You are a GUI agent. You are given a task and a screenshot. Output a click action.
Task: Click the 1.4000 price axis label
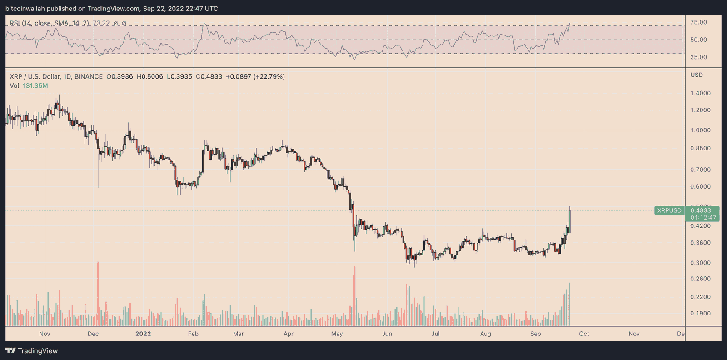coord(700,93)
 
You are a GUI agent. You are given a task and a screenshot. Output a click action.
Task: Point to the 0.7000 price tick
coord(700,170)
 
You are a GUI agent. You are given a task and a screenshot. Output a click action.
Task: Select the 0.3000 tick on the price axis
coord(700,263)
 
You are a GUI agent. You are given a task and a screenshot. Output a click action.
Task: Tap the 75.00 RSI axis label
coord(698,22)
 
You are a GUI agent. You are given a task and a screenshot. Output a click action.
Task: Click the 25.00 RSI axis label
coord(698,57)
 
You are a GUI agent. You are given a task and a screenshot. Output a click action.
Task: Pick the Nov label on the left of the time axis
coord(45,334)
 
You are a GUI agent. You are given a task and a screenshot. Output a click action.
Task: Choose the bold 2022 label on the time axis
coord(143,334)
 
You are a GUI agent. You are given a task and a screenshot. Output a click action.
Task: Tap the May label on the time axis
coord(337,334)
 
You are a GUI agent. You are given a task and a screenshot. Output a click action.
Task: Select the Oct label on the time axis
coord(584,334)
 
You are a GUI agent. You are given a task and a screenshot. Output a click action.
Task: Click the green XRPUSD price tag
coord(669,210)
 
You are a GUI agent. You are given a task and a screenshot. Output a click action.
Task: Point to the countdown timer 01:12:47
coord(703,217)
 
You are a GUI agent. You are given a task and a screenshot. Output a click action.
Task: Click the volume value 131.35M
coord(35,85)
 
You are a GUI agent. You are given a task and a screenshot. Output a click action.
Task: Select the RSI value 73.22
coord(101,23)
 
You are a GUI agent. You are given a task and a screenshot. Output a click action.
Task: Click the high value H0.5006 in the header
coord(150,76)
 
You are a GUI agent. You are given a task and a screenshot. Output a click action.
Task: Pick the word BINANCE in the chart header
coord(88,76)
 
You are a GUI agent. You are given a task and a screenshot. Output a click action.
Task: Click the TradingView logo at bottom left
coord(32,350)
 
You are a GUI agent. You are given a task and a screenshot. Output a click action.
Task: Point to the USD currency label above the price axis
coord(697,75)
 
